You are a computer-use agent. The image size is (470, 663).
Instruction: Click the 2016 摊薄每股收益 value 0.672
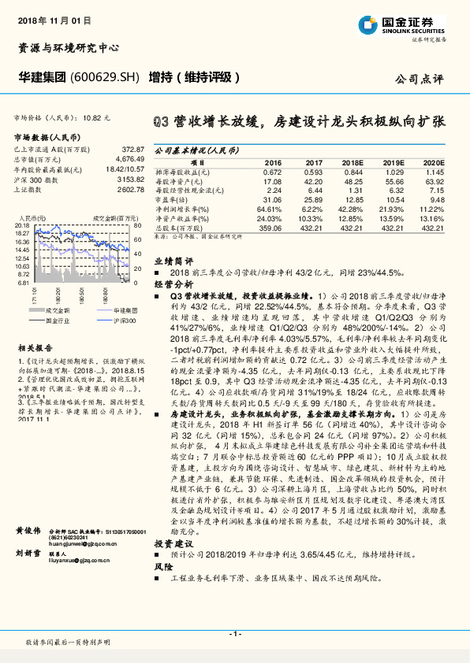click(272, 171)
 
